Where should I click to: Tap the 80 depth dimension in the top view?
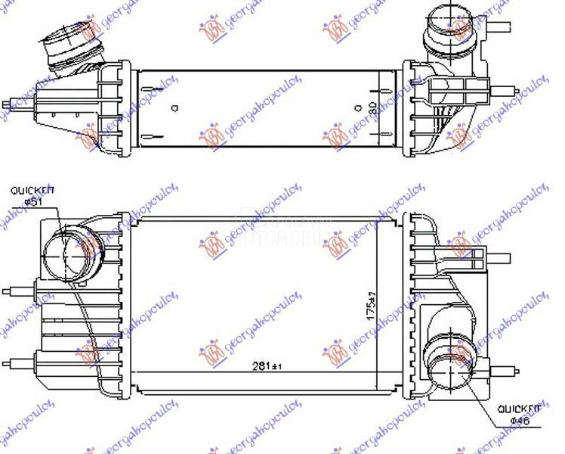(371, 110)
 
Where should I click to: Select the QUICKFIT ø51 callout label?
(28, 197)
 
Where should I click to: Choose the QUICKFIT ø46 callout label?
(519, 414)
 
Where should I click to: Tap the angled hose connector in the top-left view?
(72, 47)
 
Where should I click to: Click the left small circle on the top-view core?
(174, 107)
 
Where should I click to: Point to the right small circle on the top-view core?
(357, 108)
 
